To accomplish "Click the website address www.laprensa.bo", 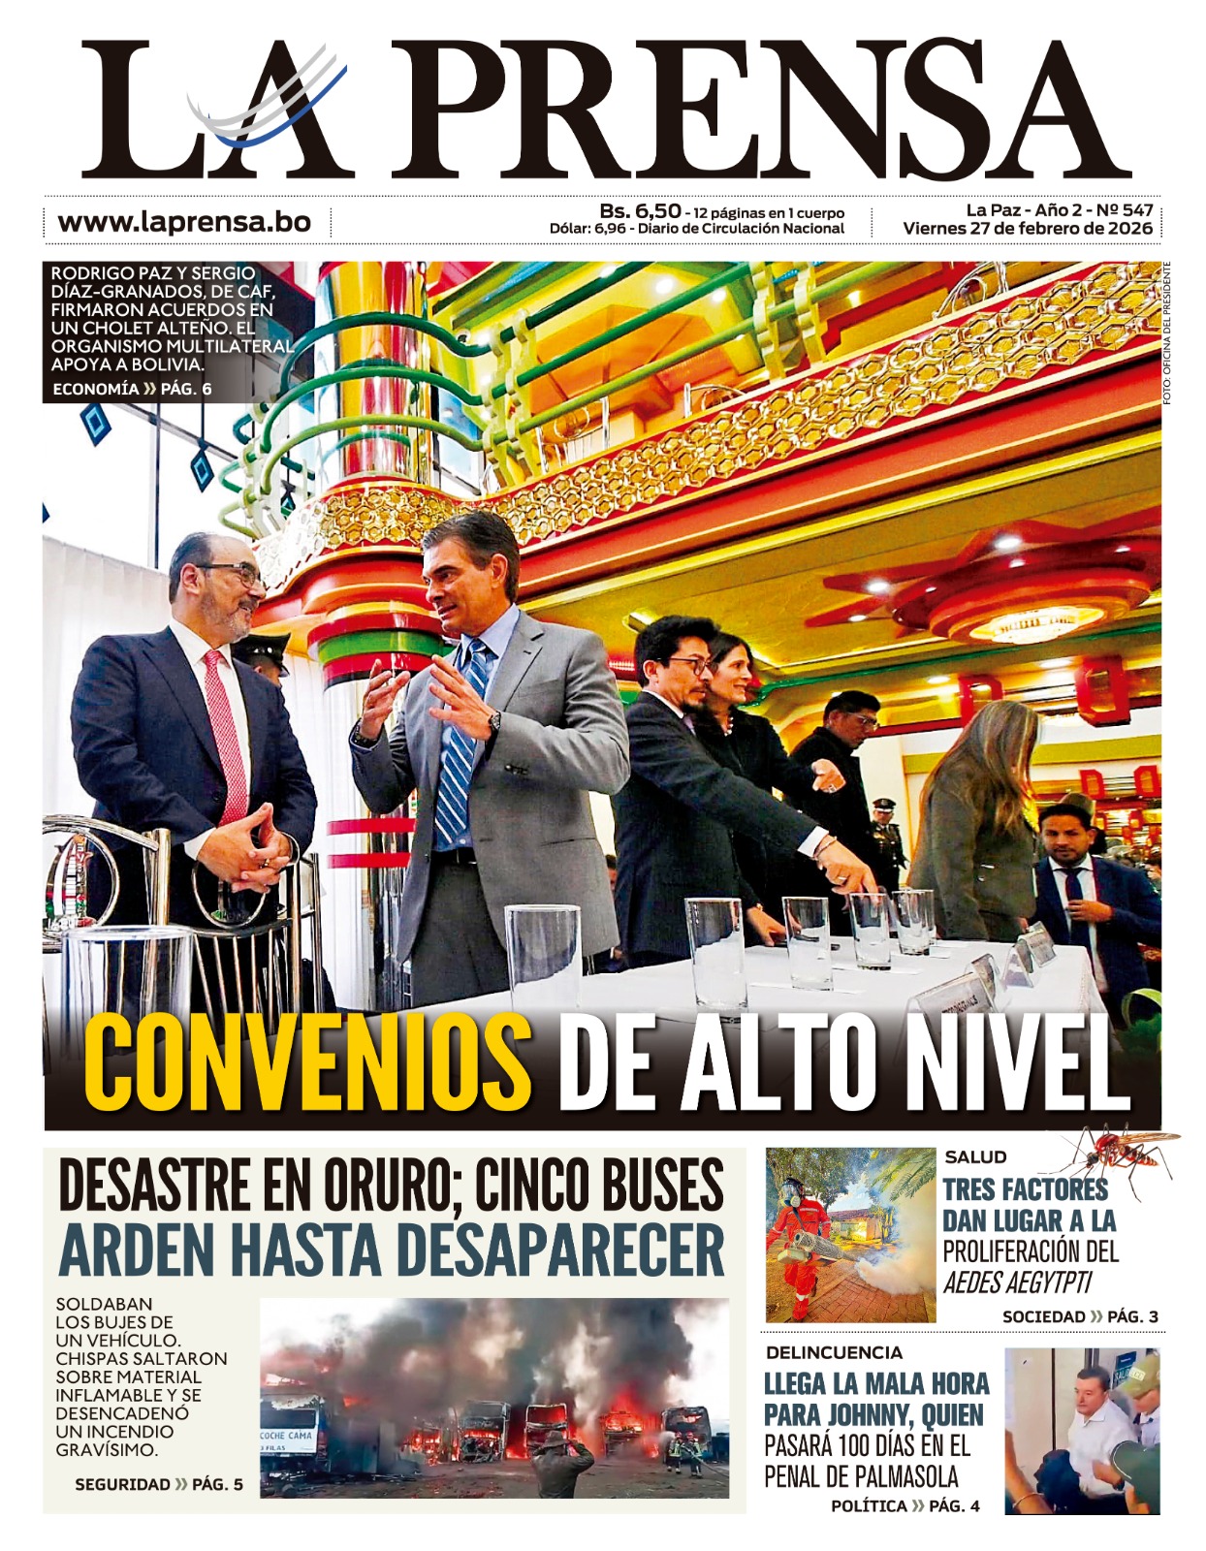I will (184, 221).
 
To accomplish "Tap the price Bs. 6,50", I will (640, 210).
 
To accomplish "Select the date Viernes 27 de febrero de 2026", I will (1028, 229).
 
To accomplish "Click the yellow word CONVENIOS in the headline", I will (308, 1063).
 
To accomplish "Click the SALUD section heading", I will (975, 1156).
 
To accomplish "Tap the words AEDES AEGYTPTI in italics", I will (1017, 1283).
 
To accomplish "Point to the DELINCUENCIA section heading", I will (834, 1352).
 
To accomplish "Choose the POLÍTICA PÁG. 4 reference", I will (904, 1505).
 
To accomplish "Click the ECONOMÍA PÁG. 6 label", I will (132, 389).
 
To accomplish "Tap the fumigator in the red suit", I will (798, 1246).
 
